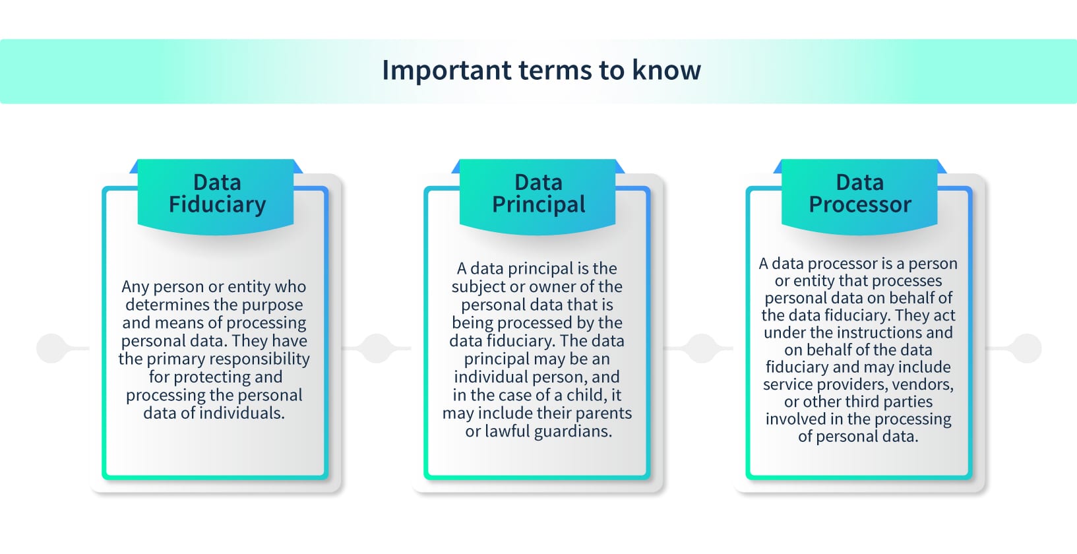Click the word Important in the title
point(446,70)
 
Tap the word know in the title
point(666,70)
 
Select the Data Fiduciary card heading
point(217,193)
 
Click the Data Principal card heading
point(538,193)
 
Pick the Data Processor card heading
point(859,193)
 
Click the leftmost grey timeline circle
point(51,348)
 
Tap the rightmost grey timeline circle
point(1027,348)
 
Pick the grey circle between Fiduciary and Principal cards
point(377,348)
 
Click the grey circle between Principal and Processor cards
point(702,348)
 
